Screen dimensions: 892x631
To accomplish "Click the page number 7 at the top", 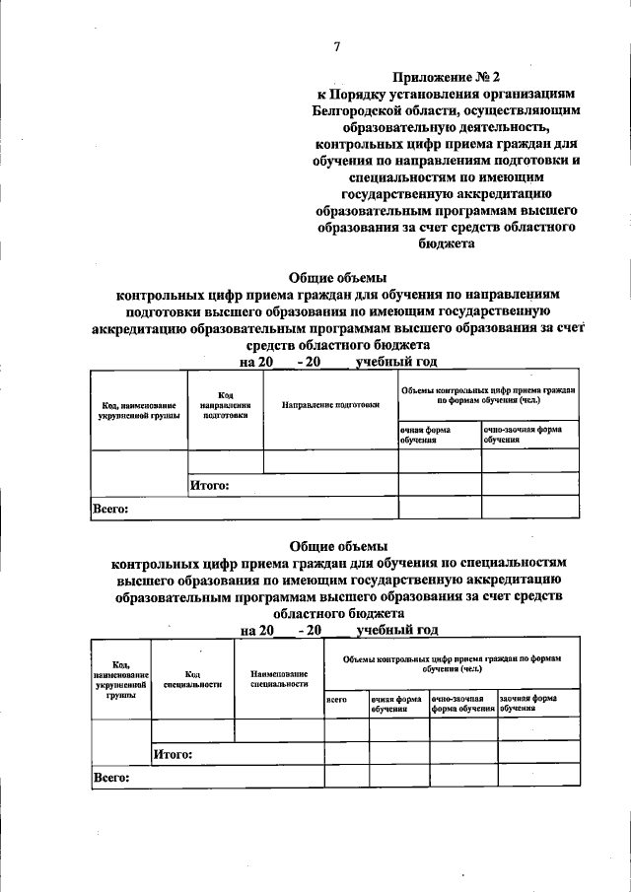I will coord(337,46).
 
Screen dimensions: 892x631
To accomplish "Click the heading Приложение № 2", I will coord(447,76).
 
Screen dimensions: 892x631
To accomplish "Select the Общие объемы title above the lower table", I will coord(338,546).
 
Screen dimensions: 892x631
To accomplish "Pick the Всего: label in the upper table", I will coord(110,509).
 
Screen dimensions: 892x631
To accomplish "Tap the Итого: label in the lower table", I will coord(173,755).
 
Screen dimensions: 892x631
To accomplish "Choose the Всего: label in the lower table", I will coord(110,778).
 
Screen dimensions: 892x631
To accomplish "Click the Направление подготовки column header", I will coord(330,405).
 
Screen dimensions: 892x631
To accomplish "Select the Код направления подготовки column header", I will coord(225,405).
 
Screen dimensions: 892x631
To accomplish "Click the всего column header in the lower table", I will coord(336,699).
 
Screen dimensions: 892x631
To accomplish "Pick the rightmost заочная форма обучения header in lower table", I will coord(538,703).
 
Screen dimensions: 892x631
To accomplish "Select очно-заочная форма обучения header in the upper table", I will coord(523,435).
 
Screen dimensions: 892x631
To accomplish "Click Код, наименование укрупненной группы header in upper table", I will coord(138,411).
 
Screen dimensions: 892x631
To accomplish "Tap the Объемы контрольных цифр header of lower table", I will coord(451,661).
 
